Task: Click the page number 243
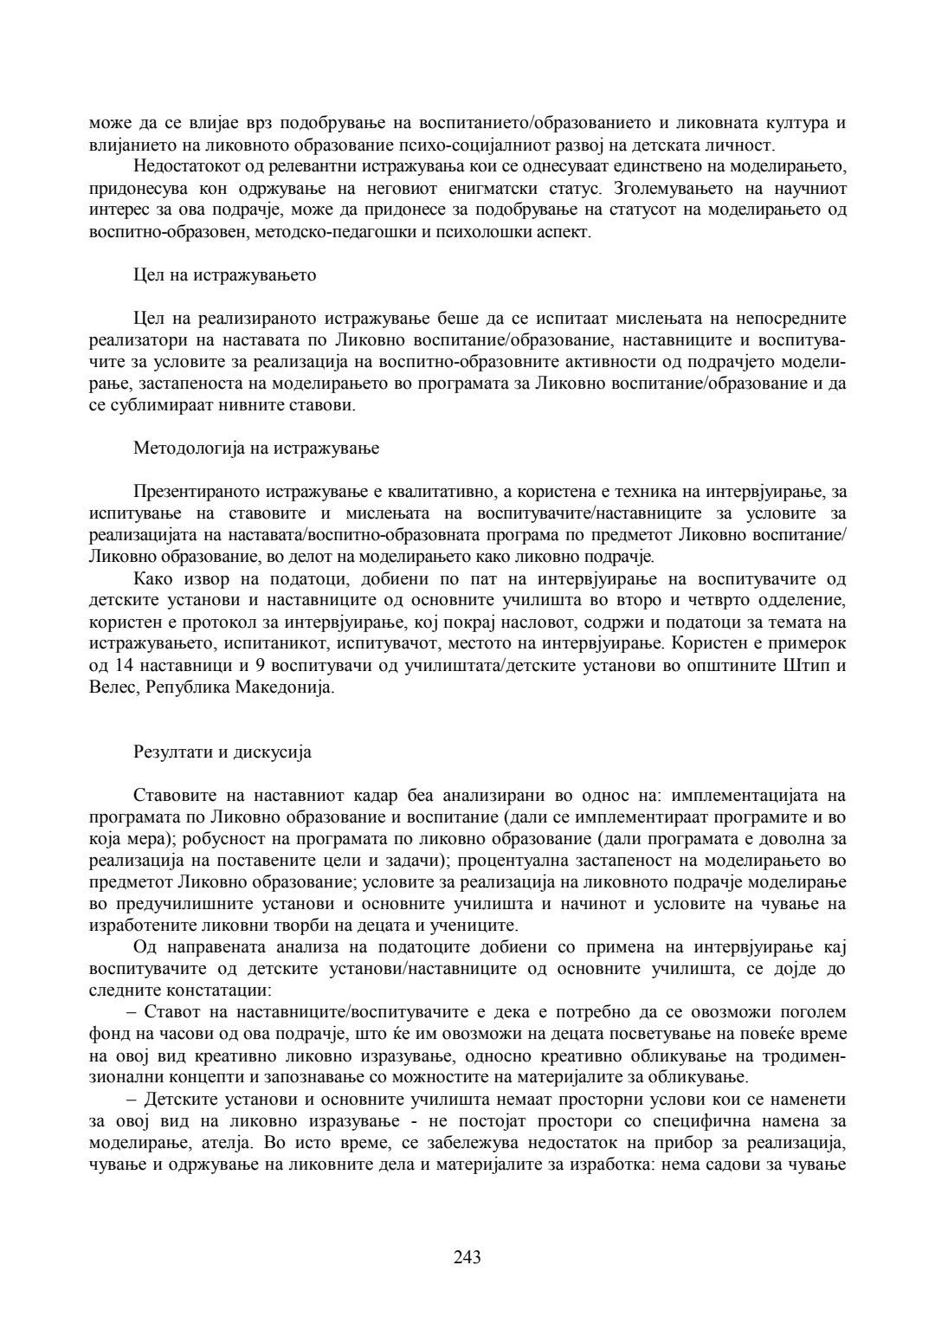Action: point(467,1256)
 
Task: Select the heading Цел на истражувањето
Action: point(225,275)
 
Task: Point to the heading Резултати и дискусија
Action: point(222,752)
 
